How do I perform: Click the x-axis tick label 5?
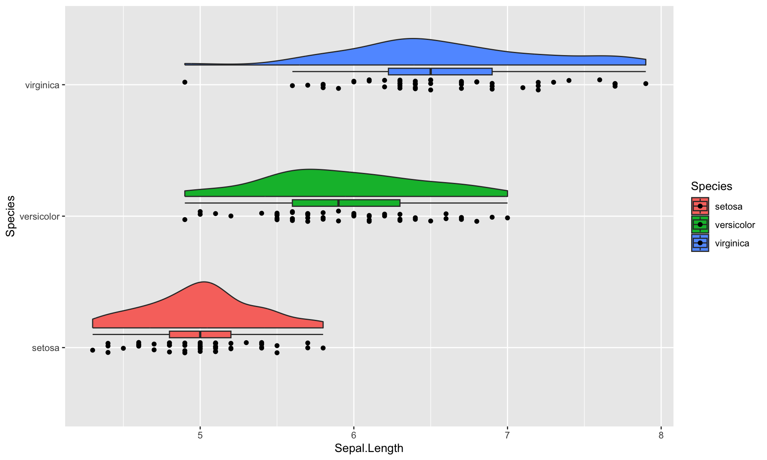(200, 435)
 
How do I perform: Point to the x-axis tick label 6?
(354, 435)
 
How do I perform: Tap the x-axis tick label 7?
(507, 435)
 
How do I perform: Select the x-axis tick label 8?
(661, 435)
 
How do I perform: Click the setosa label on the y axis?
(46, 348)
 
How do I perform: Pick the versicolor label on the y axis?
(40, 216)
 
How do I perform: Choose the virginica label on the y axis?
(42, 85)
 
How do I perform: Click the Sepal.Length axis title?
(369, 448)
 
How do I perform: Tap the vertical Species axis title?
(10, 216)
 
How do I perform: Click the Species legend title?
(711, 186)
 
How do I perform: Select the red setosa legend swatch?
(700, 206)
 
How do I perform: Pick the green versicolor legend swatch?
(700, 224)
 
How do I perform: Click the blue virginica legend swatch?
(700, 243)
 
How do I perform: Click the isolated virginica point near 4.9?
(185, 82)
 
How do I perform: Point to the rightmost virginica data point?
(646, 83)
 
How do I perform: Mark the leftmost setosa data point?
(93, 350)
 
